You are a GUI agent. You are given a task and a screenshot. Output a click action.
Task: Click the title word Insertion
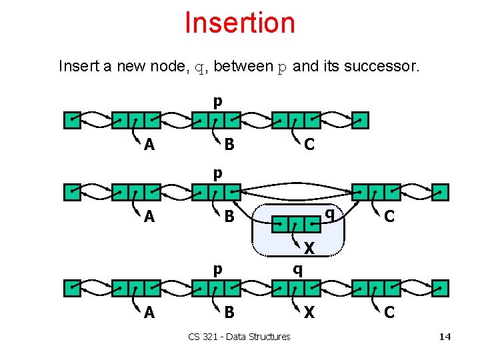click(x=239, y=23)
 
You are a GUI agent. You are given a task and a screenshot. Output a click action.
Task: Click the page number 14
click(x=445, y=337)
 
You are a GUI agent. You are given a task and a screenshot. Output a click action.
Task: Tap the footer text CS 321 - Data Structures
click(x=239, y=337)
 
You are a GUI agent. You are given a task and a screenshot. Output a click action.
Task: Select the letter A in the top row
click(x=149, y=144)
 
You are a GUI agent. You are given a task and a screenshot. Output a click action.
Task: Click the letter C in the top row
click(x=309, y=144)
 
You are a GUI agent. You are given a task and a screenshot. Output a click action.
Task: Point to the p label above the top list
click(x=217, y=102)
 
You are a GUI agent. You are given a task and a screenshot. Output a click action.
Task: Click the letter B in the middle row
click(x=229, y=217)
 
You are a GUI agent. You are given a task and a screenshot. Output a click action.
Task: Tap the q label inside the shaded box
click(x=329, y=213)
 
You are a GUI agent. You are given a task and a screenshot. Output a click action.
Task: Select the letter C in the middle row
click(x=389, y=217)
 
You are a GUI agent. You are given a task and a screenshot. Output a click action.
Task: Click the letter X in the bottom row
click(x=309, y=313)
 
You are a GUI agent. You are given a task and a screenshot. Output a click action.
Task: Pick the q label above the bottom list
click(x=298, y=269)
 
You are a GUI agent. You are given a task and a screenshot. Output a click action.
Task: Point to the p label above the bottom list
click(x=217, y=269)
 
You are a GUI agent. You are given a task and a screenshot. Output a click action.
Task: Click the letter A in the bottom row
click(x=149, y=313)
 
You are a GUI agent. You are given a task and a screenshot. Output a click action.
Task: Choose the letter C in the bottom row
click(x=389, y=313)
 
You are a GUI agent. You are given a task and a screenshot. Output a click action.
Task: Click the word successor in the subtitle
click(x=387, y=67)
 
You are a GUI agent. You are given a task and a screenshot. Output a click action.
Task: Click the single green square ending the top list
click(x=360, y=120)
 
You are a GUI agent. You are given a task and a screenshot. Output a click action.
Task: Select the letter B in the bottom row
click(x=229, y=313)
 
